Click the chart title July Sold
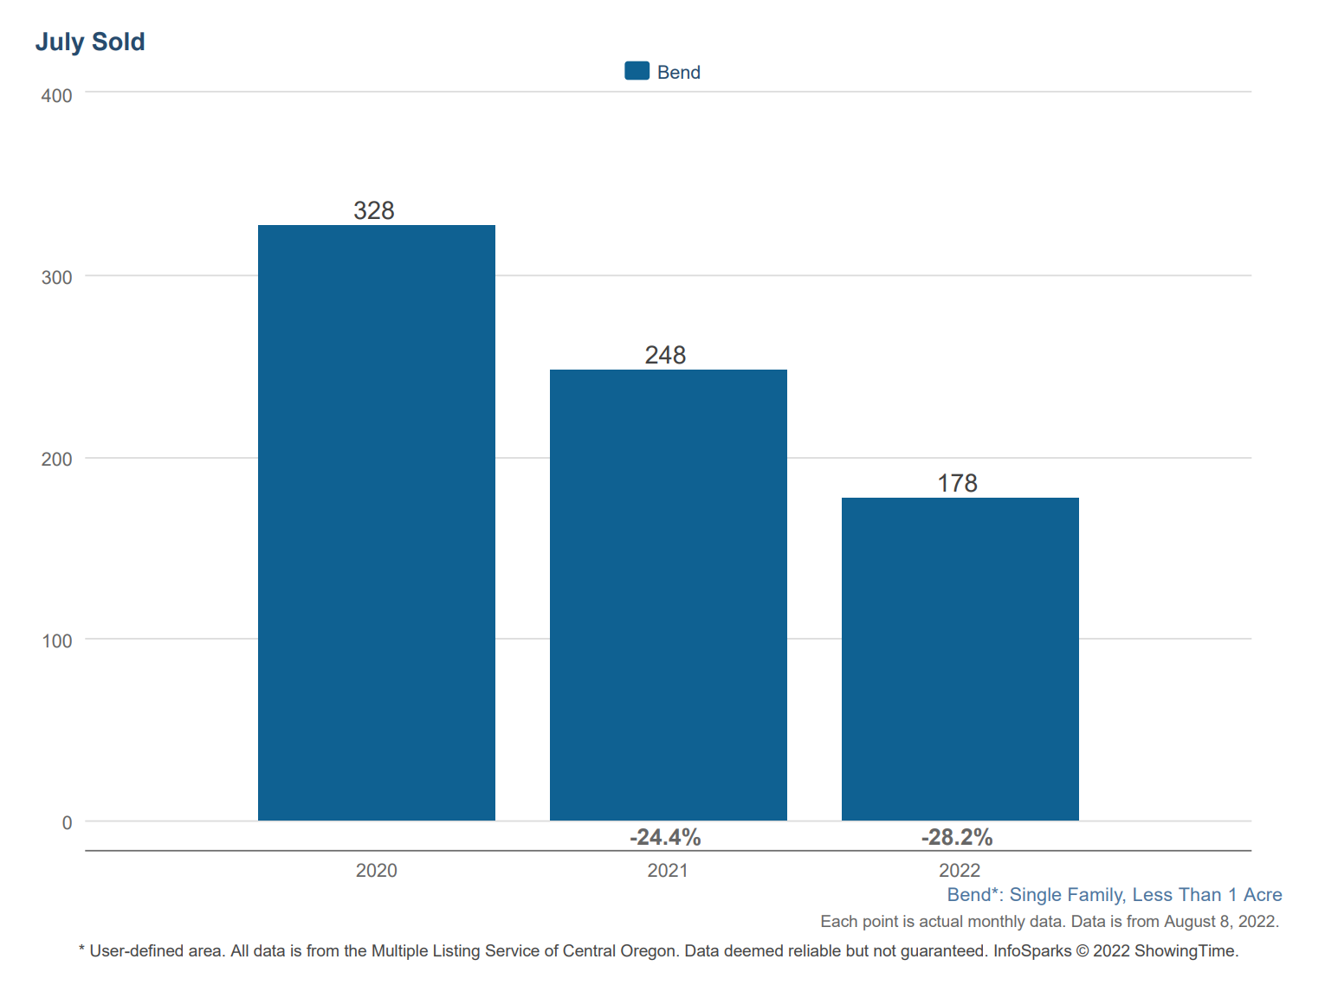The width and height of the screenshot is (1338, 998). point(90,42)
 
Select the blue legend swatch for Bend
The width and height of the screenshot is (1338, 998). point(637,71)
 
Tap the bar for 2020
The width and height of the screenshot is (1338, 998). point(377,523)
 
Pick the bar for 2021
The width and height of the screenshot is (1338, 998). point(668,595)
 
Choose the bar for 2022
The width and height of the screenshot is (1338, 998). point(960,659)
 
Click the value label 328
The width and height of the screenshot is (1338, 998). point(374,210)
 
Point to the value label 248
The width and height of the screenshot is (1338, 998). point(665,355)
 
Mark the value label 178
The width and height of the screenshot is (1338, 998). point(957,483)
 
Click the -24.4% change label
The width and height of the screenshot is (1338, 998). point(665,837)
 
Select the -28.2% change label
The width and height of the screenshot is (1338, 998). point(957,837)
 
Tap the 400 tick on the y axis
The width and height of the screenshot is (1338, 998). point(57,95)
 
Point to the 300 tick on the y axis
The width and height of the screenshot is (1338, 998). point(57,277)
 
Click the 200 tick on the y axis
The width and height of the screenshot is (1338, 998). point(57,459)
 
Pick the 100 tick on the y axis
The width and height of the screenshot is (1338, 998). point(57,641)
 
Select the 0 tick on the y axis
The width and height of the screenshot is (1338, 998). point(67,822)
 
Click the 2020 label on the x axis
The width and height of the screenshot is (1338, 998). point(377,870)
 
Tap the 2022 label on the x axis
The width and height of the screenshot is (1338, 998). point(960,870)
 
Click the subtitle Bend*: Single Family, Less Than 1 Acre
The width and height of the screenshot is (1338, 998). point(1114,895)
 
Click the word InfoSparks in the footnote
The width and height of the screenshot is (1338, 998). point(1031,950)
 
